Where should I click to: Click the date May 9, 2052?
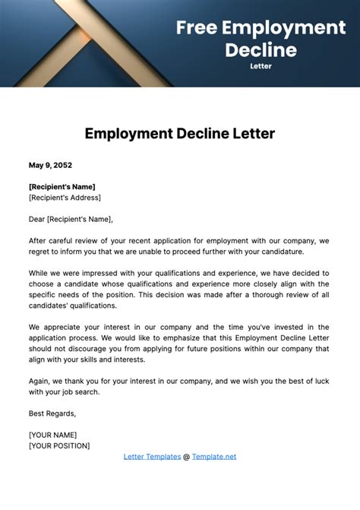(x=50, y=165)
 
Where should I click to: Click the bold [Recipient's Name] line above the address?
(x=62, y=186)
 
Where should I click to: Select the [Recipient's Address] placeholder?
(x=65, y=198)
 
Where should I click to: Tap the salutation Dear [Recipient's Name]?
(x=71, y=219)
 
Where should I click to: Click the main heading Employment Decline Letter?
(x=180, y=134)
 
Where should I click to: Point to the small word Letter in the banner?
(x=261, y=66)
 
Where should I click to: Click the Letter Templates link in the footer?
(x=152, y=456)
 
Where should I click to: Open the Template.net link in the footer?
(x=214, y=456)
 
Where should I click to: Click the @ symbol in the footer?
(x=186, y=456)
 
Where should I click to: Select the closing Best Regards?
(x=52, y=413)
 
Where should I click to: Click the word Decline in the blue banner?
(x=261, y=50)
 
